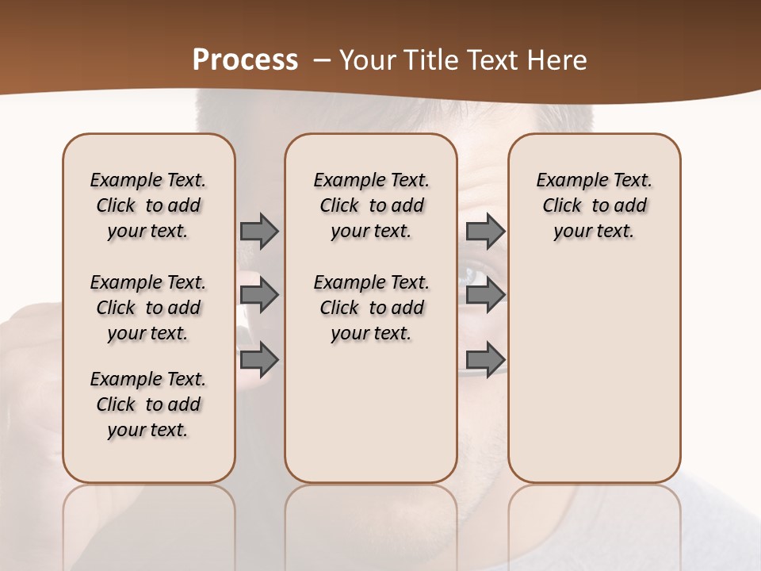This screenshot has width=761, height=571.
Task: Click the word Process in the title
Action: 245,60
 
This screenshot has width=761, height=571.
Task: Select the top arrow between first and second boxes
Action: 259,231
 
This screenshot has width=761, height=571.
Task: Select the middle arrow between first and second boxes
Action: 259,295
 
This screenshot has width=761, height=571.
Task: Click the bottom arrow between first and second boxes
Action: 259,359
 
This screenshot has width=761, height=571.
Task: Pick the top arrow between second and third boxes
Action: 485,231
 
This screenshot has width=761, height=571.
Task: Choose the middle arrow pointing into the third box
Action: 485,295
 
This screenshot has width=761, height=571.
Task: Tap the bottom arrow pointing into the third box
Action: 485,359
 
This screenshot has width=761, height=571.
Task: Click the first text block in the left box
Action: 148,205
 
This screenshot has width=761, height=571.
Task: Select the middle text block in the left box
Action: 148,308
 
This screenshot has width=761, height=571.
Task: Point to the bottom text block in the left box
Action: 148,404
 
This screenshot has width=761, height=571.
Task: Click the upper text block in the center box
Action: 371,205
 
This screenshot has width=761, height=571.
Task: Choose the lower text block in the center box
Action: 371,308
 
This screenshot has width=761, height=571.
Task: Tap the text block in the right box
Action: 594,205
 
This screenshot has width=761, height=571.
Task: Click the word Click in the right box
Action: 562,206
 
